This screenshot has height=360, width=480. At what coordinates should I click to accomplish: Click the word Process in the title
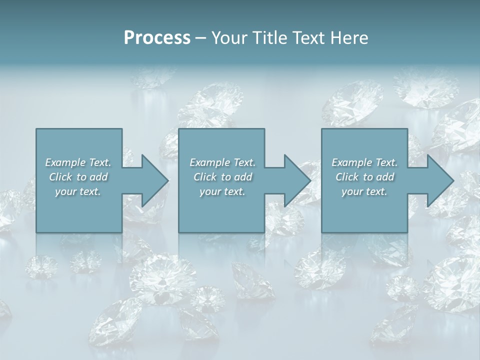point(157,38)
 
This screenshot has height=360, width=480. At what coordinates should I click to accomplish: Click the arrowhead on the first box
point(154,180)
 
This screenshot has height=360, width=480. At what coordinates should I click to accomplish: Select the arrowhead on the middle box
point(296,180)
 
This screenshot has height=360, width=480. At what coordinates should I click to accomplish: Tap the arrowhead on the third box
point(439,180)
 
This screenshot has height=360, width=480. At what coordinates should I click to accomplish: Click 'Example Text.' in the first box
point(78,162)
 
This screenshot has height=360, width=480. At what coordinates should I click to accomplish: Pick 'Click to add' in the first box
point(78,177)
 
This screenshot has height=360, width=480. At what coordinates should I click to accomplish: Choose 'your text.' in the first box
point(78,191)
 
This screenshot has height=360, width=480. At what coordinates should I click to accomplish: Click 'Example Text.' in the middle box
point(222,162)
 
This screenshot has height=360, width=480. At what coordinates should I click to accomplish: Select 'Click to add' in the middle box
point(222,177)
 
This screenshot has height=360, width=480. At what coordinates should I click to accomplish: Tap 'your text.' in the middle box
point(222,191)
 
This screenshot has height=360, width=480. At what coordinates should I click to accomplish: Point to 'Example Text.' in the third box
point(364,162)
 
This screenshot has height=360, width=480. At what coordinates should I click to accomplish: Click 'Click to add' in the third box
point(364,177)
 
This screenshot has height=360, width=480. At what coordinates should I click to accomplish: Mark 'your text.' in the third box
point(364,191)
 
